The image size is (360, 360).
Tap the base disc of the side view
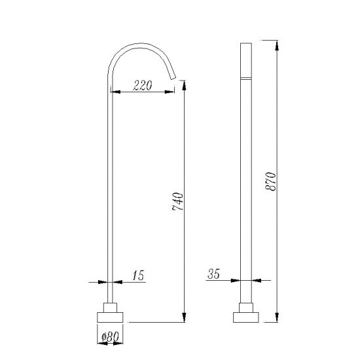[246, 318]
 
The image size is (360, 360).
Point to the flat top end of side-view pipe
[247, 45]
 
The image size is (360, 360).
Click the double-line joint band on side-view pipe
[247, 79]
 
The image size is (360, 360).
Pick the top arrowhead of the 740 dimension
[183, 84]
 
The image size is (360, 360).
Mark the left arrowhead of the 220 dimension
[116, 92]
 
